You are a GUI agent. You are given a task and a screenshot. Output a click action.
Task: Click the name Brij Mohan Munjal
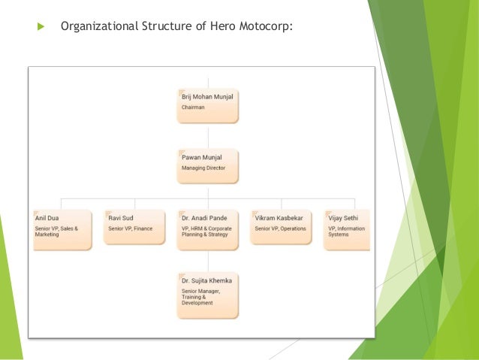pyautogui.click(x=207, y=97)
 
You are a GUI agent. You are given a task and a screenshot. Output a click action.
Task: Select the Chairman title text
pyautogui.click(x=193, y=107)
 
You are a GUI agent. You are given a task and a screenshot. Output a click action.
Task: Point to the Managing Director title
pyautogui.click(x=203, y=168)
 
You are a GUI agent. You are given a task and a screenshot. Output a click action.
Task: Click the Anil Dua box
pyautogui.click(x=62, y=228)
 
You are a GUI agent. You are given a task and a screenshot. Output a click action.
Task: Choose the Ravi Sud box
pyautogui.click(x=135, y=228)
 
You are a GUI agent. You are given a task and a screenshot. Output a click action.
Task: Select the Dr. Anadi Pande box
pyautogui.click(x=208, y=228)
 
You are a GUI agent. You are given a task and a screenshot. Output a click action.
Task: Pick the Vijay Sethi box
pyautogui.click(x=347, y=228)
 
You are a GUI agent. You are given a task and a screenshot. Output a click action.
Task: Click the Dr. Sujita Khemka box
pyautogui.click(x=208, y=295)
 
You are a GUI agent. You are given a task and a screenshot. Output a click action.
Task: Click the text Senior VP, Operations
pyautogui.click(x=280, y=228)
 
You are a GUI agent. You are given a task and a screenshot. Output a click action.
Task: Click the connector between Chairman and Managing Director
pyautogui.click(x=208, y=135)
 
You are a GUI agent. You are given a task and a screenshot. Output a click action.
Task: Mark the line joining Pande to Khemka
pyautogui.click(x=208, y=261)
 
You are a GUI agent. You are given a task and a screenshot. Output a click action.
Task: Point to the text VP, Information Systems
pyautogui.click(x=346, y=231)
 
